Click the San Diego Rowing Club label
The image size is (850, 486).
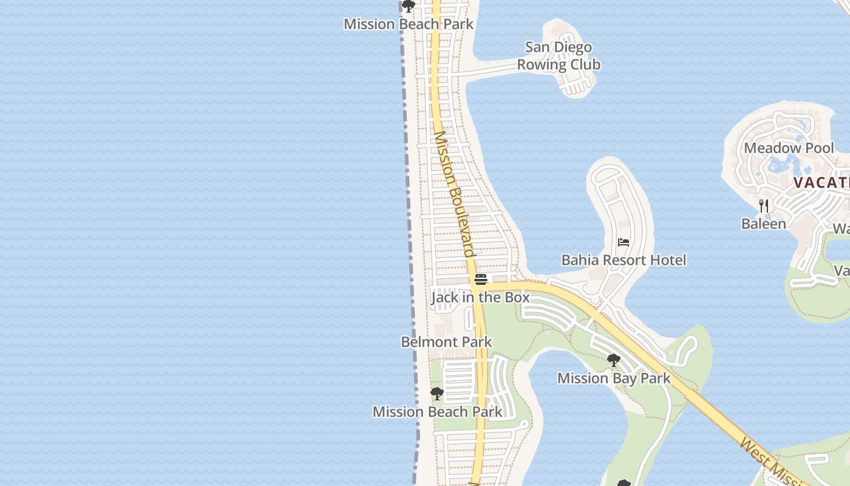click(x=559, y=56)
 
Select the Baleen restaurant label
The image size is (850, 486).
click(x=763, y=224)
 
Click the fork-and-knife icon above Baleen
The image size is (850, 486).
click(x=764, y=206)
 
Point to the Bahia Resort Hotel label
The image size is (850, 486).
click(x=624, y=260)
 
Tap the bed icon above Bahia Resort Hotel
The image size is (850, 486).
click(x=623, y=242)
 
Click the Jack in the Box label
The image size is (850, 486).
click(x=480, y=297)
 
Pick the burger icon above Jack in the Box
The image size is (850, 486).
click(x=481, y=279)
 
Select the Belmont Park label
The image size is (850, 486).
click(x=446, y=342)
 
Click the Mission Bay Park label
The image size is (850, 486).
click(x=614, y=378)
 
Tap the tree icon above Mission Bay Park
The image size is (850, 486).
click(x=614, y=360)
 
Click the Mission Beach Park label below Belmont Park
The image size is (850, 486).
click(x=437, y=411)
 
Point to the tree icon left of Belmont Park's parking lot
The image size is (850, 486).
click(x=437, y=394)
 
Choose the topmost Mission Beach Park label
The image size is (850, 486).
click(x=409, y=24)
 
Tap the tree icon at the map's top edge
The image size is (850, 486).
click(x=409, y=7)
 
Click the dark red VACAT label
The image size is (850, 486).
click(x=821, y=183)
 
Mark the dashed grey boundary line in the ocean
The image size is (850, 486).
click(x=410, y=243)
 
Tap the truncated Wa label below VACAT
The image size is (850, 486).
click(x=841, y=228)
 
